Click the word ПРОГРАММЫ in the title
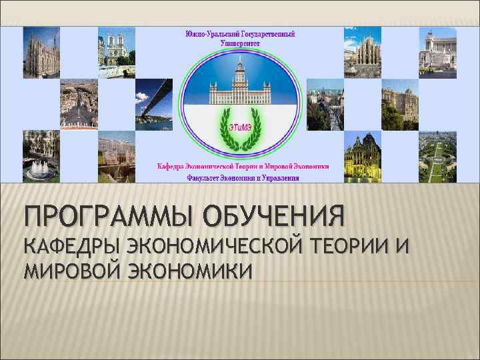point(101,215)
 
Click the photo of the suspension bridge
point(153,103)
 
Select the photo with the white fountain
point(41,157)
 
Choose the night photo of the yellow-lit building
point(363,157)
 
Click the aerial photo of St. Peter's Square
point(79,103)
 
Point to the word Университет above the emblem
point(239,42)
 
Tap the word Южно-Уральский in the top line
point(207,33)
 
